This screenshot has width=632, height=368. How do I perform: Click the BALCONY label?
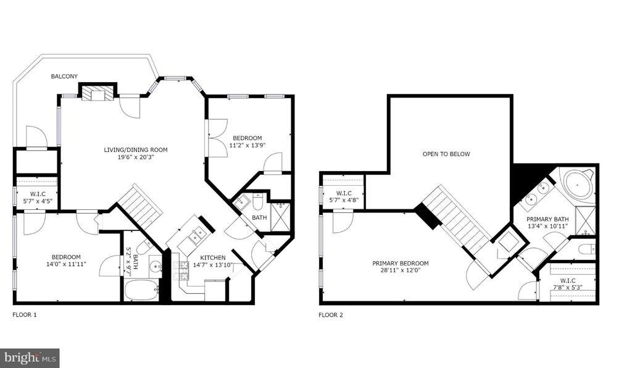[64, 76]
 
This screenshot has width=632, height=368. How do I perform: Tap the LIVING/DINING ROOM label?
[135, 150]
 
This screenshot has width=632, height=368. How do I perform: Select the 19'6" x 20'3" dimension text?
[136, 157]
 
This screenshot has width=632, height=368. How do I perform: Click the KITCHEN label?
[213, 257]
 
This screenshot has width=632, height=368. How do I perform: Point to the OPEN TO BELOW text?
[446, 154]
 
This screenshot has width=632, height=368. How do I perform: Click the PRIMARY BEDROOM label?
[400, 263]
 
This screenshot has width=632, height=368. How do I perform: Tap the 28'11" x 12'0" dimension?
[400, 270]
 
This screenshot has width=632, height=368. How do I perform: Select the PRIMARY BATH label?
[547, 219]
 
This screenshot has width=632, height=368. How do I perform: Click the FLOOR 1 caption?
[25, 315]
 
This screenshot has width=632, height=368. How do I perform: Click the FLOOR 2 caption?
[331, 315]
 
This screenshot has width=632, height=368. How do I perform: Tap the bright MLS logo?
[30, 358]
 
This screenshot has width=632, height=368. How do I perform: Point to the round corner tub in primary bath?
[578, 185]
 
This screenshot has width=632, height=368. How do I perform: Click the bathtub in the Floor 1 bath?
[141, 290]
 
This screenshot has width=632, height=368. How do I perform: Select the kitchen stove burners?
[181, 270]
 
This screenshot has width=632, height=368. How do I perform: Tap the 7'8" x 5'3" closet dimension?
[568, 287]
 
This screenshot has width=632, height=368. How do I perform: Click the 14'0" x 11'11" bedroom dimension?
[66, 264]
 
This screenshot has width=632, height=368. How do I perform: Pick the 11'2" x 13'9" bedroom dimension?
[247, 145]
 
